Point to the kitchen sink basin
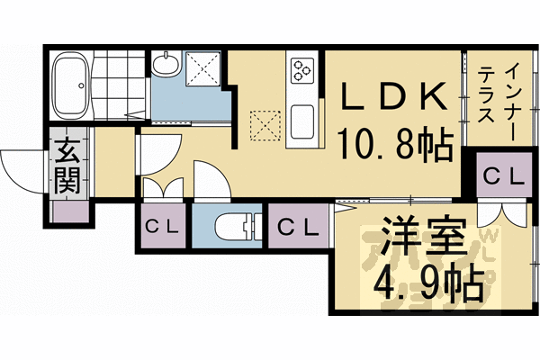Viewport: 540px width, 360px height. click(x=301, y=120)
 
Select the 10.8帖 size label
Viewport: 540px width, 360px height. click(x=396, y=144)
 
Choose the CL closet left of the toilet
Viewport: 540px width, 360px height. click(x=162, y=227)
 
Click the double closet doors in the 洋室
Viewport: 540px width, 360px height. click(x=498, y=214)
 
